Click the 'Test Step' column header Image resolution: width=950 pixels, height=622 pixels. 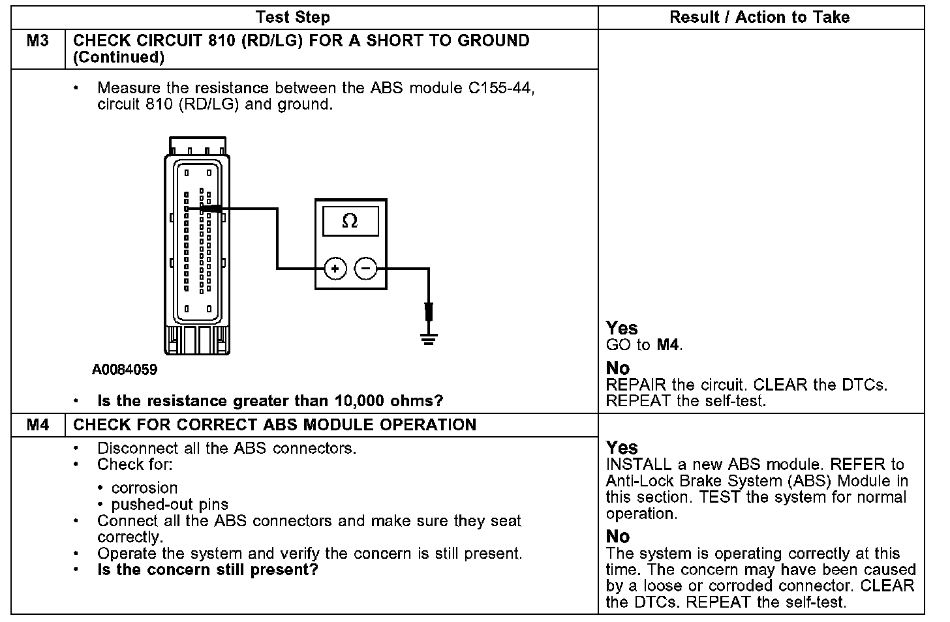tap(292, 18)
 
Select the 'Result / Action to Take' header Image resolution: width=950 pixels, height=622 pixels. tap(759, 18)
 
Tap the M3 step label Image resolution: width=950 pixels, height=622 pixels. tap(38, 41)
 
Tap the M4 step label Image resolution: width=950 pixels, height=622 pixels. tap(38, 425)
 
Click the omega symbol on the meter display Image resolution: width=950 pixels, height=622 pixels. tap(350, 222)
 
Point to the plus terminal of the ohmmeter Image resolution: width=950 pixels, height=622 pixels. tap(335, 268)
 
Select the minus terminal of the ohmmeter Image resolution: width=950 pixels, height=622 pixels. tap(365, 268)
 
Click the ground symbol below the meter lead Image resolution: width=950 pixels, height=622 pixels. tap(428, 338)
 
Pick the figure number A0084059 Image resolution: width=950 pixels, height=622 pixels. tap(125, 370)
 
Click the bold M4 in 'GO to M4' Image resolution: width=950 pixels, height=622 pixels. tap(667, 345)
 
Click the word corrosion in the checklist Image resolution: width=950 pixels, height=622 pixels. tap(144, 488)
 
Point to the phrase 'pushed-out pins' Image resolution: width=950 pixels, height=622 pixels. tap(170, 505)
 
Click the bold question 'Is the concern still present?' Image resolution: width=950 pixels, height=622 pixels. tap(207, 570)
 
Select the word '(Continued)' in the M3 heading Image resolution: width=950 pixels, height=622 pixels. tap(119, 57)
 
